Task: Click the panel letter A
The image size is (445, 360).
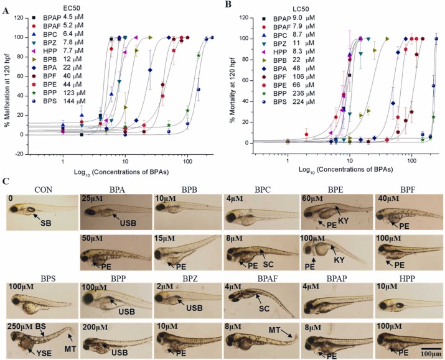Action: point(6,7)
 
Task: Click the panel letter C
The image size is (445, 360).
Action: point(6,182)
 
